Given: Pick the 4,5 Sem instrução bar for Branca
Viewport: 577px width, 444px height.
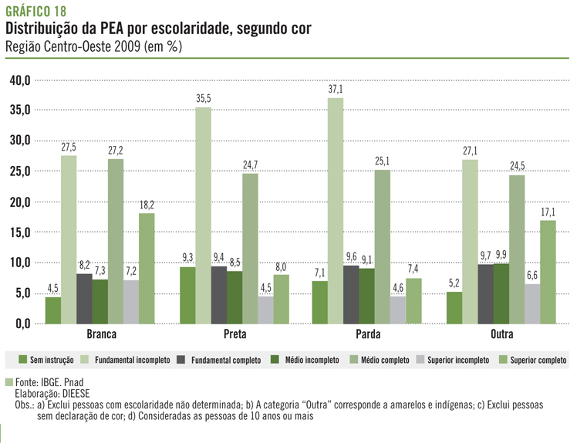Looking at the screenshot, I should point(52,310).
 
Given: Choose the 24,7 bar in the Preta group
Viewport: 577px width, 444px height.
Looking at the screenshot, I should point(250,248).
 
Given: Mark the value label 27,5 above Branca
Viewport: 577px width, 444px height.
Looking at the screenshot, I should point(69,147).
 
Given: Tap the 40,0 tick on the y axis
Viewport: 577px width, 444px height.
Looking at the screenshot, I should point(19,80).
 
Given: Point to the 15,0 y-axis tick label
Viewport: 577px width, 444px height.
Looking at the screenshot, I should point(19,232).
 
